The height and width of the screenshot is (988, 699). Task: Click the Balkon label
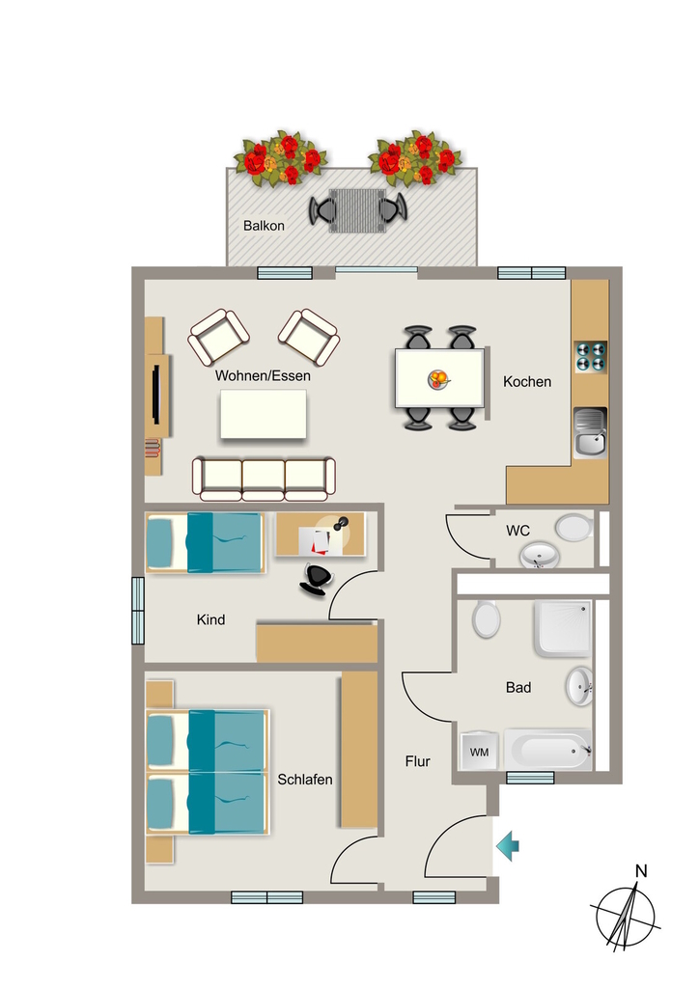(264, 226)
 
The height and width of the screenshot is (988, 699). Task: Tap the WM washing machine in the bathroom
(480, 751)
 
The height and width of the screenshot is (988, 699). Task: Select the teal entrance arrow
(508, 845)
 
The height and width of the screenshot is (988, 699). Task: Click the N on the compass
(641, 871)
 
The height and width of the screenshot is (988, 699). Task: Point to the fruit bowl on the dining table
(439, 379)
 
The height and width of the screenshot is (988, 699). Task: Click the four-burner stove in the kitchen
(591, 356)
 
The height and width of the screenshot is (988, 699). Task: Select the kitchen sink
(590, 432)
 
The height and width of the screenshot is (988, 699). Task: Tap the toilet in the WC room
(574, 528)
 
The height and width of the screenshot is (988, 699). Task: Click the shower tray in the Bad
(563, 628)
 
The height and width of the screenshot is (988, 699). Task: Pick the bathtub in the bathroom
(547, 751)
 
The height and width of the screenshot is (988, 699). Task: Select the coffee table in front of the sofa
(264, 414)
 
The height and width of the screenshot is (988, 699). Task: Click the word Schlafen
(305, 780)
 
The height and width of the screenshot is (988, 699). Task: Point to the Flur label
(417, 761)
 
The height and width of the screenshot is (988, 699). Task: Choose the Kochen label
(527, 381)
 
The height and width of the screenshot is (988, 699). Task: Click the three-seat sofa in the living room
(264, 479)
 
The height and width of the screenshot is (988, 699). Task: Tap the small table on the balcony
(357, 211)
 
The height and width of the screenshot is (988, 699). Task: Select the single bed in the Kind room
(205, 542)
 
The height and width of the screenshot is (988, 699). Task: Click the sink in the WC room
(540, 556)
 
